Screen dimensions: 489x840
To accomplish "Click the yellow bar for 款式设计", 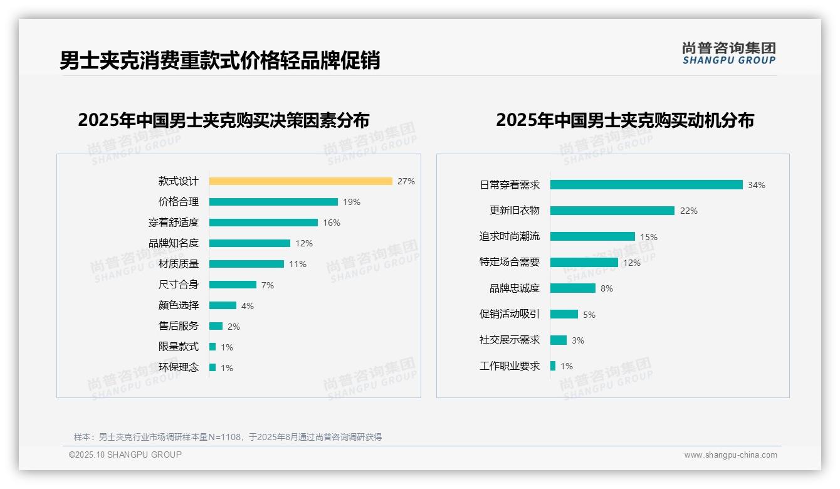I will click(x=300, y=181).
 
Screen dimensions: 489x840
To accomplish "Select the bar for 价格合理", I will click(x=273, y=202).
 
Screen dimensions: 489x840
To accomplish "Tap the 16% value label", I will click(x=332, y=223).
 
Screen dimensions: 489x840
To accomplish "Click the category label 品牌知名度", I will click(x=174, y=243).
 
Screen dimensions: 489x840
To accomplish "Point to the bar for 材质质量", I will click(x=246, y=264).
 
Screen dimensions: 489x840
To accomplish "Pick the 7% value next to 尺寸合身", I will click(x=268, y=285).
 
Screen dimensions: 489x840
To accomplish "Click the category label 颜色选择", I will click(x=179, y=305).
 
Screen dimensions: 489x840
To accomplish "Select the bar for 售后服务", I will click(x=216, y=326).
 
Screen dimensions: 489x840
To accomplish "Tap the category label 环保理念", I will click(x=179, y=367).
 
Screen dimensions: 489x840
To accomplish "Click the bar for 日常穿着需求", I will click(x=646, y=185).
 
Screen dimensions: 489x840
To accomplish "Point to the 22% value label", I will click(x=689, y=211).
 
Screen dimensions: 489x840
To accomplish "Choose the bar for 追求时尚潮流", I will click(x=592, y=236).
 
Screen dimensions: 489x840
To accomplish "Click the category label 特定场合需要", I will click(x=510, y=262).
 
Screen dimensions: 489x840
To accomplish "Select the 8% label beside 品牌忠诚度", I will click(x=607, y=288).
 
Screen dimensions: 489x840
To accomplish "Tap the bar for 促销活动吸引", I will click(x=564, y=314).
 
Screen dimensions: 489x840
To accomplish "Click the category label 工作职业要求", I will click(x=510, y=366).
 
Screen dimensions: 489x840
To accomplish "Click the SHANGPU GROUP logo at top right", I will click(x=729, y=53).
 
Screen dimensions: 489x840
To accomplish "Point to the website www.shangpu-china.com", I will click(x=730, y=455).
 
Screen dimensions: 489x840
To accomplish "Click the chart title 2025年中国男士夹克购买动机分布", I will click(x=625, y=120).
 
